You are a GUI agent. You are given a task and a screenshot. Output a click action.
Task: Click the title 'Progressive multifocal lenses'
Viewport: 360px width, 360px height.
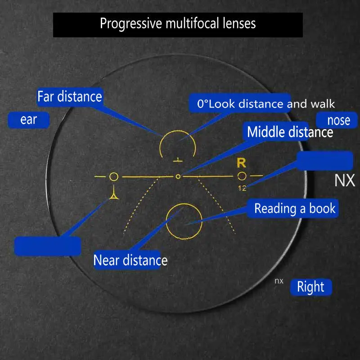click(x=178, y=23)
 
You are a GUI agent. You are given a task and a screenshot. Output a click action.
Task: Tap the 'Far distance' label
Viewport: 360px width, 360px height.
click(x=70, y=96)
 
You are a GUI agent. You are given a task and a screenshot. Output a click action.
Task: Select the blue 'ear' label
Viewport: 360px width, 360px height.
click(x=28, y=120)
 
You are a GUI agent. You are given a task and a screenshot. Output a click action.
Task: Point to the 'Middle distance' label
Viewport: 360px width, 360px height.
click(x=290, y=132)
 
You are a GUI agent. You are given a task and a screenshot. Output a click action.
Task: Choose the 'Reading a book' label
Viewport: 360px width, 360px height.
click(x=295, y=209)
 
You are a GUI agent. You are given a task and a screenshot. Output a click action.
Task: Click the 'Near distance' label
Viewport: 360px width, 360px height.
click(x=130, y=260)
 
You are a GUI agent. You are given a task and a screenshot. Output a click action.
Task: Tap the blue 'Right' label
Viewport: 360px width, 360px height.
click(x=310, y=287)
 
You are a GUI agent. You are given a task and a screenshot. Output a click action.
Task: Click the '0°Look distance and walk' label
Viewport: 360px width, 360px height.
click(x=266, y=104)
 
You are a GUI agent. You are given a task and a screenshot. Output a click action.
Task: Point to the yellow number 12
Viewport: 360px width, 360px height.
click(x=242, y=188)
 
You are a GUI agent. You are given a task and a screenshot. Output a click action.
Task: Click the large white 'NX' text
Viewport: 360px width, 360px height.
click(x=345, y=180)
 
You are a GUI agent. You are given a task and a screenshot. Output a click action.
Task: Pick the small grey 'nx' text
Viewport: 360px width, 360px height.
click(x=279, y=281)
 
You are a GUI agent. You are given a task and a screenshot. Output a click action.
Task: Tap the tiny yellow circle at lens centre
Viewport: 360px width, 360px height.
click(x=178, y=176)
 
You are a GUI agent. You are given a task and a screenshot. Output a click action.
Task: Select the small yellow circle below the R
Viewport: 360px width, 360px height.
click(x=242, y=176)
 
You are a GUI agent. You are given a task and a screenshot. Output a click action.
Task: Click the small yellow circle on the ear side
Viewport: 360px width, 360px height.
click(x=114, y=176)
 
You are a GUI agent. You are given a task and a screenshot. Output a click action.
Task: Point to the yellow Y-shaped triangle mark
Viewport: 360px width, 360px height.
click(x=114, y=194)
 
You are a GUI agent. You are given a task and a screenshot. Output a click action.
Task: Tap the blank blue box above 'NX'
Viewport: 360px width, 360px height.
click(x=324, y=161)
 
